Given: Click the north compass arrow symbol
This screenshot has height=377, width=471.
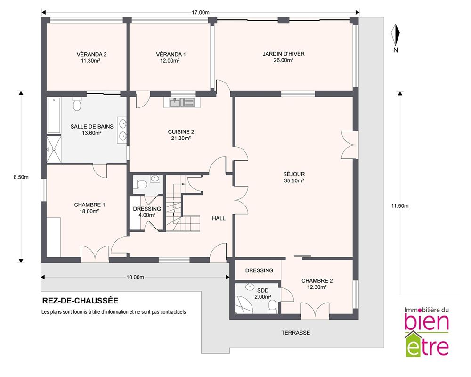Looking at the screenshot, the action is [396, 34].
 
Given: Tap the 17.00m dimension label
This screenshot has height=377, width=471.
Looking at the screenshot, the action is [200, 12].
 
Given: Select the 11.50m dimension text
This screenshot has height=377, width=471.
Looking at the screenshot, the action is [400, 206].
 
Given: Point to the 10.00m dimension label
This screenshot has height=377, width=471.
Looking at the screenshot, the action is [135, 277].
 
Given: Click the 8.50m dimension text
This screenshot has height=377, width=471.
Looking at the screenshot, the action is [21, 177].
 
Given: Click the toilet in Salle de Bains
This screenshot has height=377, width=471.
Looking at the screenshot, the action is [77, 103].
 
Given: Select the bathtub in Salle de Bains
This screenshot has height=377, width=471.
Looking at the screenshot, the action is [54, 115].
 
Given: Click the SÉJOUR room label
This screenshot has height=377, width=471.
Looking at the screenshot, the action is [294, 174].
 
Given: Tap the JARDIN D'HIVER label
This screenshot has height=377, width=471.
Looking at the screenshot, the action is [284, 54].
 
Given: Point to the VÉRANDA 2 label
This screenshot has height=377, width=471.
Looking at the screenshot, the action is [91, 54].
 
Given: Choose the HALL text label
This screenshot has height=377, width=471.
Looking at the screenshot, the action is [219, 218].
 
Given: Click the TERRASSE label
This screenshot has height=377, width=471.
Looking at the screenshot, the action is [296, 333].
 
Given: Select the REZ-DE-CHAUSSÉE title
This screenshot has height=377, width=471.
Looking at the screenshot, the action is [80, 301].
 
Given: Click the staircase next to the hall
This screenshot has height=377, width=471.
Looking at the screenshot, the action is [179, 204].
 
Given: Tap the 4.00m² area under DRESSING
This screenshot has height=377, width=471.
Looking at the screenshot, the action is [147, 215].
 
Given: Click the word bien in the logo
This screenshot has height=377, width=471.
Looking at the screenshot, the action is [427, 322].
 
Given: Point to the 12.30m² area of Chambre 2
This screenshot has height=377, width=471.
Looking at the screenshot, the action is [317, 287].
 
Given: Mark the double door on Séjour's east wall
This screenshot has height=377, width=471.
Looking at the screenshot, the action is [349, 145].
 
